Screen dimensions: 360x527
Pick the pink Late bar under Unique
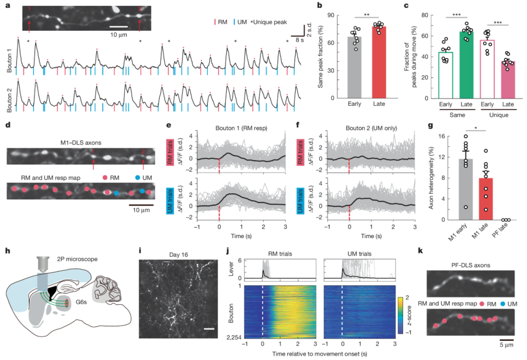pos(508,80)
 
